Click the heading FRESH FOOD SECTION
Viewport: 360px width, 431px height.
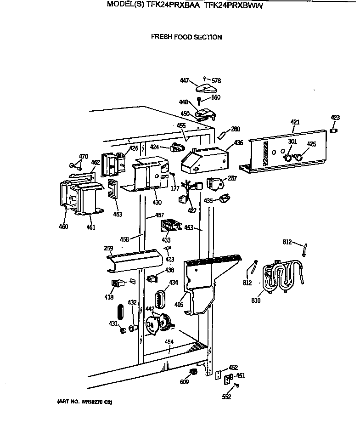[x=186, y=37]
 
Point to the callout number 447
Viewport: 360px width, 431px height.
[x=184, y=81]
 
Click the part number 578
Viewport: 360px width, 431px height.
[x=216, y=81]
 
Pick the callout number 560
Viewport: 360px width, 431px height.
[x=216, y=97]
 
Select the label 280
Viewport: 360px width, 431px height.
[x=235, y=129]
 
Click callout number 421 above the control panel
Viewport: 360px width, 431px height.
[x=295, y=122]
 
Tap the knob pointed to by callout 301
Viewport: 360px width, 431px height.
[x=287, y=158]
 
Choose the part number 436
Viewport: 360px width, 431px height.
[x=238, y=143]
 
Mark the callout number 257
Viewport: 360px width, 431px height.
[x=232, y=178]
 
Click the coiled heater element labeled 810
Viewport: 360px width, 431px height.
[x=280, y=278]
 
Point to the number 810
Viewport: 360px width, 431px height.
[x=256, y=301]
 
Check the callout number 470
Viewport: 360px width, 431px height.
[x=83, y=157]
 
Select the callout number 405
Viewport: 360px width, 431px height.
[x=179, y=304]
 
